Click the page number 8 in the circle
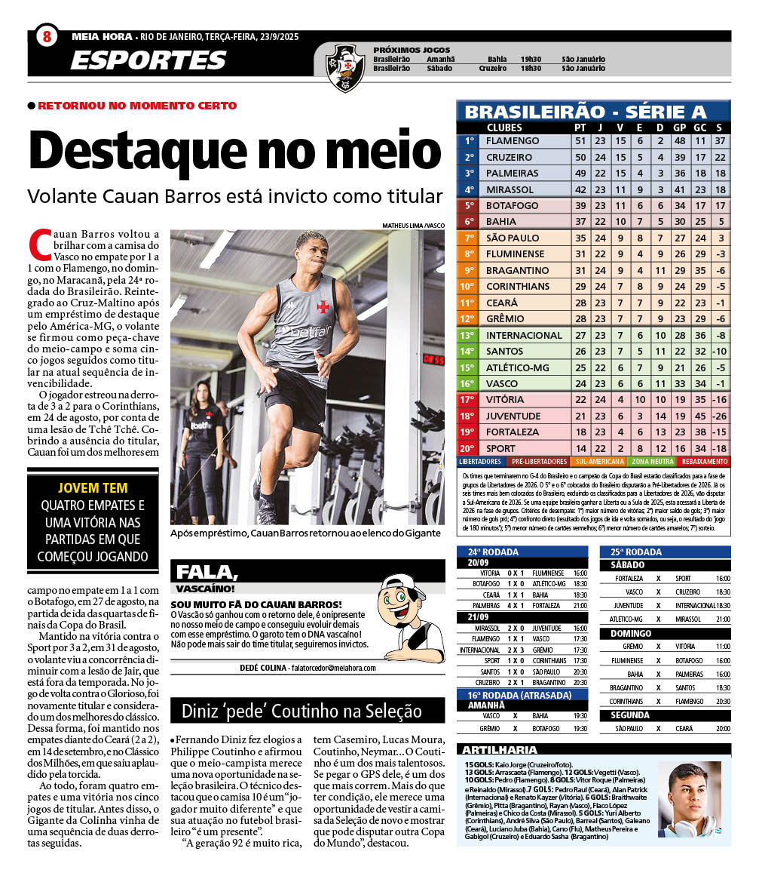47,36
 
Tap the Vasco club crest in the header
345,66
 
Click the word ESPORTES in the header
148,60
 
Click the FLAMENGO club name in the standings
513,141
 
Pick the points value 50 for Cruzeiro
580,157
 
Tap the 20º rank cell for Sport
468,448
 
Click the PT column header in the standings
580,128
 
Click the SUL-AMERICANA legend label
600,461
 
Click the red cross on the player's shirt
323,306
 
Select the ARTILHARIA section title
500,750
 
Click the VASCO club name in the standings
502,383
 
